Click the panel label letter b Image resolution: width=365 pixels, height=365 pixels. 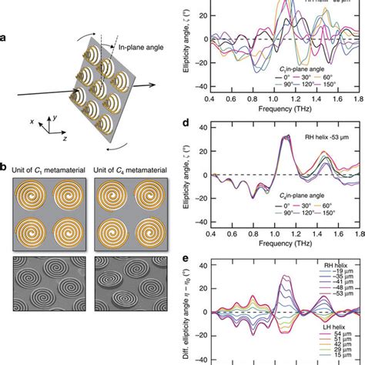pyautogui.click(x=6, y=188)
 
